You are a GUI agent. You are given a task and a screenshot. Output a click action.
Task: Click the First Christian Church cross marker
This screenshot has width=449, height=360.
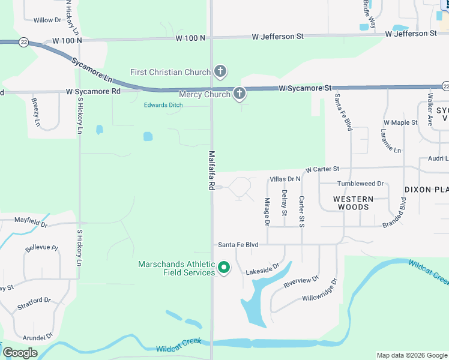[x=220, y=73]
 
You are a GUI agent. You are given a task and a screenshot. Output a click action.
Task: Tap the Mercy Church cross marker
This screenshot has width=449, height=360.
[x=240, y=94]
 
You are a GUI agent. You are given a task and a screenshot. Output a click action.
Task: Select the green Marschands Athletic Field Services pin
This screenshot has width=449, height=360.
[x=224, y=268]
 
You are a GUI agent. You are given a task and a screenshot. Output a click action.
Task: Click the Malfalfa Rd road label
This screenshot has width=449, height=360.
[x=211, y=170]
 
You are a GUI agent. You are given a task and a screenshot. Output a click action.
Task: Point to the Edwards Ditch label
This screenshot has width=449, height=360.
[x=163, y=106]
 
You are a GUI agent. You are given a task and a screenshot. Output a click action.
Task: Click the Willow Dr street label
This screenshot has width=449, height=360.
[x=47, y=20]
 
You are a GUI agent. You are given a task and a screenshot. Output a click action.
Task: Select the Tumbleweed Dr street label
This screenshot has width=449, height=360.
[x=360, y=184]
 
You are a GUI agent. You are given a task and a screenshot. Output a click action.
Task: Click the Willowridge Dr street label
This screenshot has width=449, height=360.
[x=320, y=289]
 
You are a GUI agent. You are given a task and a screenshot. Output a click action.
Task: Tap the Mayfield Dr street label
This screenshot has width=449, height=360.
[x=30, y=222]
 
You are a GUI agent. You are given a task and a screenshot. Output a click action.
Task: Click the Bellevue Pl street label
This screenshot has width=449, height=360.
[x=41, y=248]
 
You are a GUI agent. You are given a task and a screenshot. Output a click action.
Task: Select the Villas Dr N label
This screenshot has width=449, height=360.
[x=285, y=179]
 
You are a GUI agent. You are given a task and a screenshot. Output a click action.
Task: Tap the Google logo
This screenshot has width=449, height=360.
[x=20, y=353]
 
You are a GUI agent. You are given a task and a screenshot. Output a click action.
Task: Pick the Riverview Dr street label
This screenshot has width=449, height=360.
[x=301, y=280]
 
